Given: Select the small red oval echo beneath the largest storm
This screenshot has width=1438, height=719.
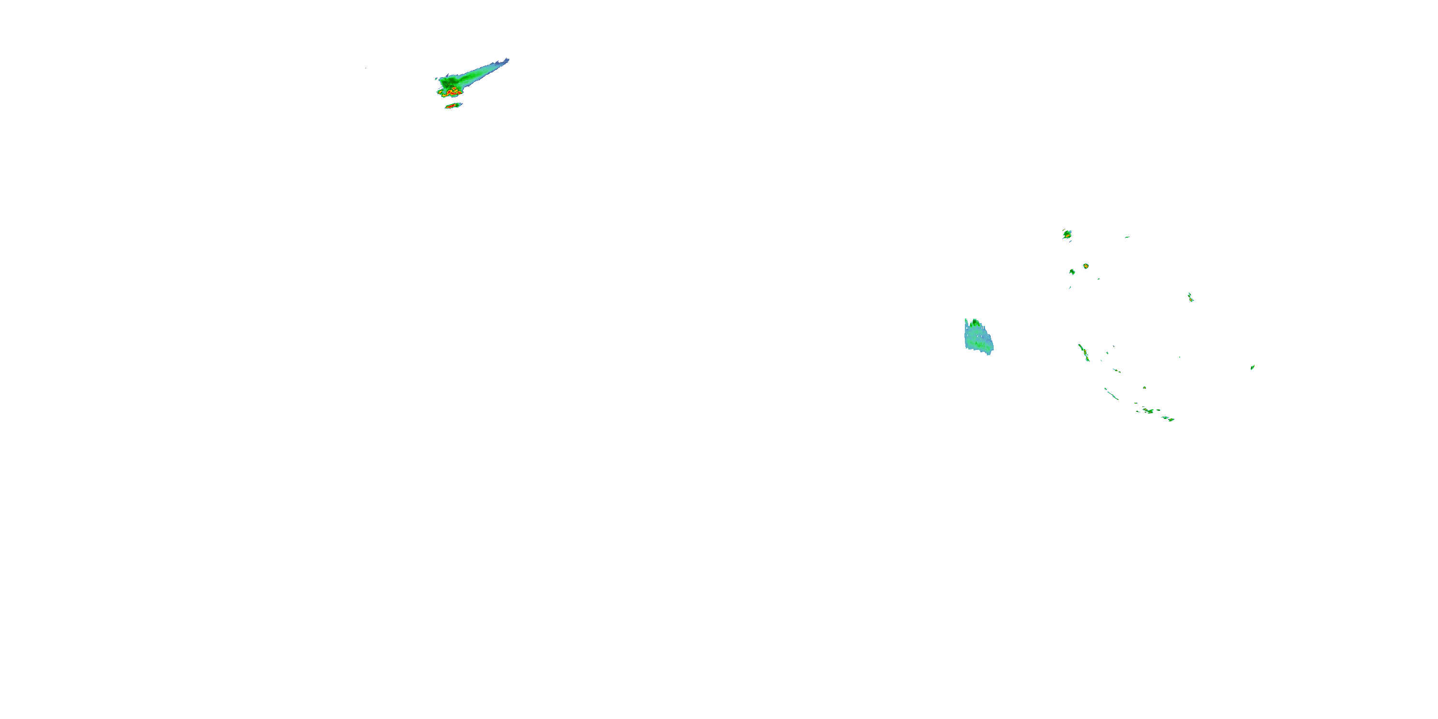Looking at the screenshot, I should pos(452,105).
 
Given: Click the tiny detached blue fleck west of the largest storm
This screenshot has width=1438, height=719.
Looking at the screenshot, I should pos(366,68).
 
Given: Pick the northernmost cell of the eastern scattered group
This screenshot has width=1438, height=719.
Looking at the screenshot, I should pos(1067,234).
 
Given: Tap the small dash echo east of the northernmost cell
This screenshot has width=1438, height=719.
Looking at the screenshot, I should pos(1127,237).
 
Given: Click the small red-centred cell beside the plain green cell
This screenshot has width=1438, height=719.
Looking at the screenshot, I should pos(1086,266).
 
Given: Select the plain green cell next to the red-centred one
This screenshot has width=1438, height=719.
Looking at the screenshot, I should pos(1072,272).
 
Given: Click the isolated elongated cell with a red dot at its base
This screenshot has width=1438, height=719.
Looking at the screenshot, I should pos(1190,298).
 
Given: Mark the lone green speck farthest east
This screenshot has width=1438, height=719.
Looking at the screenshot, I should pos(1252,367).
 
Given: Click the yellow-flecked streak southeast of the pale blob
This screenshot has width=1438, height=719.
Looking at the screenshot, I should pos(1083,352).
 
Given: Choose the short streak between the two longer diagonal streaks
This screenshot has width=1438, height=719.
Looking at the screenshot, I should pos(1116,370).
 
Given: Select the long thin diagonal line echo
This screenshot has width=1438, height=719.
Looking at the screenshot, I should pos(1111,394).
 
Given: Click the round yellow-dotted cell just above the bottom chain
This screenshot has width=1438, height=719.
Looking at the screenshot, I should pos(1144,387).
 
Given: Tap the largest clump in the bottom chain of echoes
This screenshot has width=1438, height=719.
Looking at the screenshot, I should pos(1148,411).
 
